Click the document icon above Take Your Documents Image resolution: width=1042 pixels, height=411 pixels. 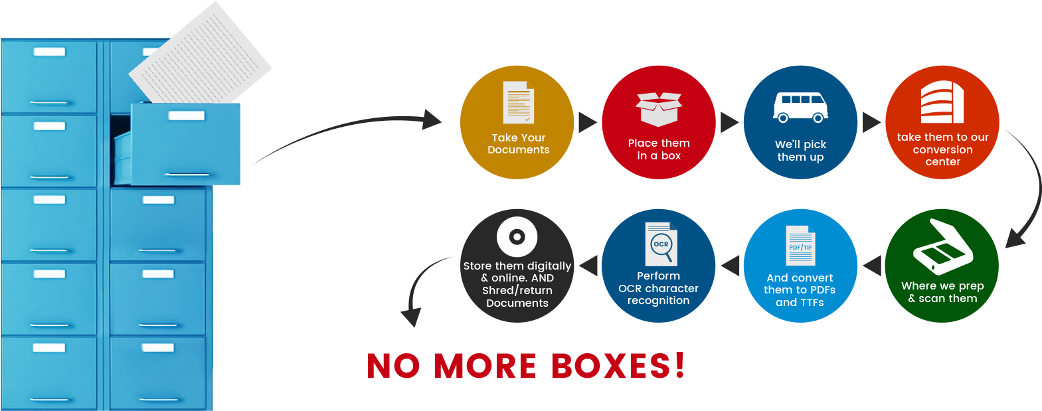[x=518, y=102]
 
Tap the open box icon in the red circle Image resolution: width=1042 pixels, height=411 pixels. [x=658, y=109]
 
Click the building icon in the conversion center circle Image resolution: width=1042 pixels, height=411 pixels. [x=942, y=102]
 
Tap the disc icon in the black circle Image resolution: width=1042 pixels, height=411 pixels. [x=517, y=236]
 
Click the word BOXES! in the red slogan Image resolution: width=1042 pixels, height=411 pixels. [x=618, y=366]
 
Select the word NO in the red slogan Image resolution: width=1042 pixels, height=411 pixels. [x=393, y=367]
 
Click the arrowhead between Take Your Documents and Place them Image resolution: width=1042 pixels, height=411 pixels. [x=587, y=122]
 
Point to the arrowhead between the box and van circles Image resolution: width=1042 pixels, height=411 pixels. [x=729, y=122]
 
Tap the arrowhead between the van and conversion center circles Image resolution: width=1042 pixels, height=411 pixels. [x=871, y=122]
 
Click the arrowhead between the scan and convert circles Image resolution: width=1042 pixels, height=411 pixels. [x=872, y=266]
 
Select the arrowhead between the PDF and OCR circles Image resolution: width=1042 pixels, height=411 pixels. [x=731, y=266]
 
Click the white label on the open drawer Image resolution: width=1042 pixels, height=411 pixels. [x=187, y=116]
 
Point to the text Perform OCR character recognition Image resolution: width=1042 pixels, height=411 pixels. [x=658, y=288]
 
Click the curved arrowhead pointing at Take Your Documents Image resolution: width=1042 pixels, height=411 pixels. [x=432, y=120]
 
